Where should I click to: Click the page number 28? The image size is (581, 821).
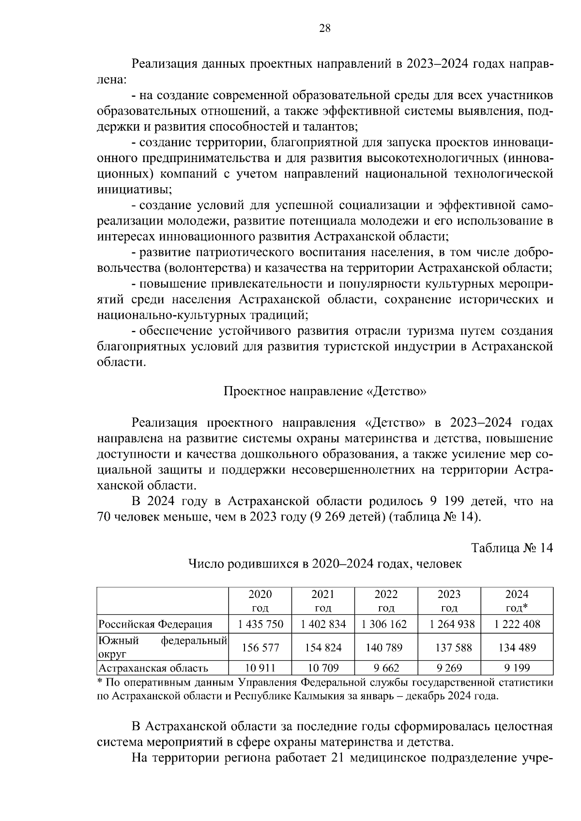(324, 29)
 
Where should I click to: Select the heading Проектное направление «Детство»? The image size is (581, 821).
(324, 391)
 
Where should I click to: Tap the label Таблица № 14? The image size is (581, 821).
(512, 548)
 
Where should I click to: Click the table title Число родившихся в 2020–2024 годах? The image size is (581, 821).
(324, 564)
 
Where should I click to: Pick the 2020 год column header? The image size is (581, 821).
(260, 600)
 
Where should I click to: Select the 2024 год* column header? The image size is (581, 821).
(517, 600)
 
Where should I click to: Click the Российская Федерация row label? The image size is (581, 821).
(155, 624)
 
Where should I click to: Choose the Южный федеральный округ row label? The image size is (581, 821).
(162, 647)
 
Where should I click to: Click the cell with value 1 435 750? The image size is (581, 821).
(260, 624)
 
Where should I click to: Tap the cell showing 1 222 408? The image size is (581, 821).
(517, 624)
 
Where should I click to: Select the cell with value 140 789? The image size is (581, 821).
(386, 647)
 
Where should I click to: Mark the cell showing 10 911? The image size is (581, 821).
(260, 669)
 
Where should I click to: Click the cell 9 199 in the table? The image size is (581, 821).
(517, 669)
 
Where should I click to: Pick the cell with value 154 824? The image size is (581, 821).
(323, 647)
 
